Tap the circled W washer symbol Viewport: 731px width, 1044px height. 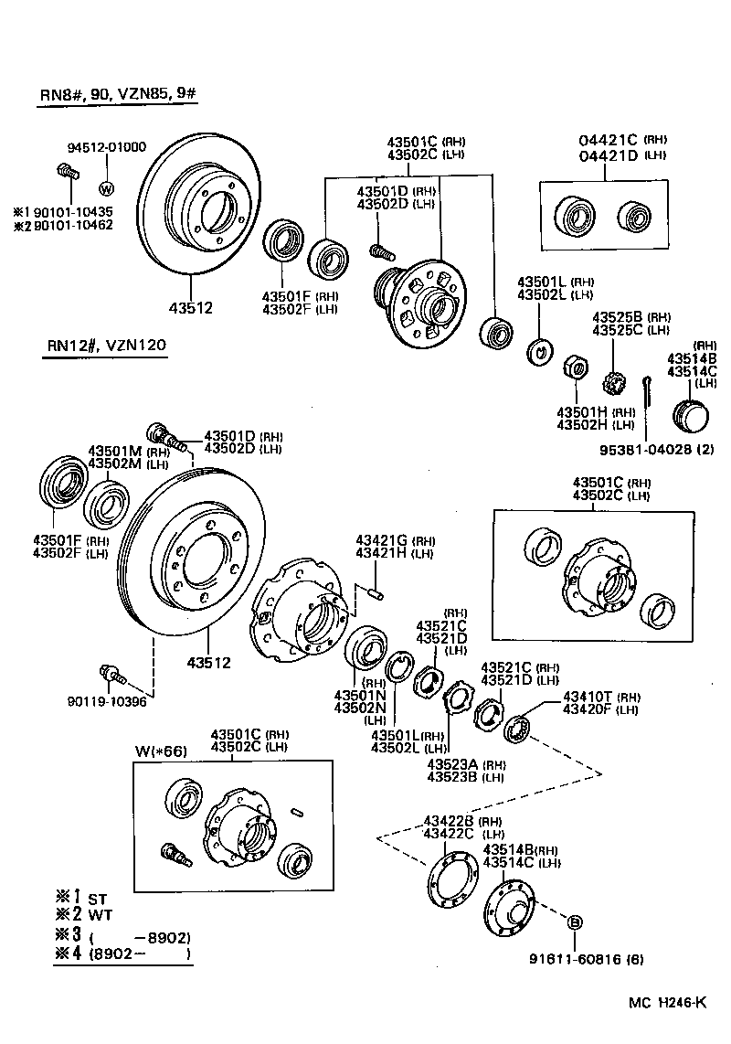(x=106, y=189)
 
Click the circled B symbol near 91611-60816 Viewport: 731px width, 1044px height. (x=576, y=921)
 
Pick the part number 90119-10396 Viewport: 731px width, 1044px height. (x=106, y=701)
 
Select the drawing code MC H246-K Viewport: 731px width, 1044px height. (x=666, y=1003)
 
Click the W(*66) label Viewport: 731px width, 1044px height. (x=161, y=751)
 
